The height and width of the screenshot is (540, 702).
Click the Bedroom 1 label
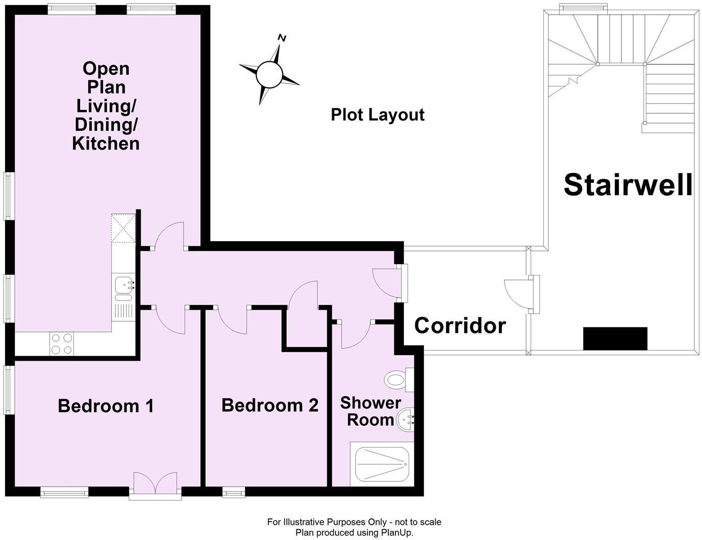[106, 406]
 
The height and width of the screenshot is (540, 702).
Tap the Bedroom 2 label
[270, 406]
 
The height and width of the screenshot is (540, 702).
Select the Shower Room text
[370, 411]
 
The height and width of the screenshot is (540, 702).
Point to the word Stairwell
[628, 184]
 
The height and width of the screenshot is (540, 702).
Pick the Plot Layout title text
[378, 115]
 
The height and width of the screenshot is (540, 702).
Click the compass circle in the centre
[269, 75]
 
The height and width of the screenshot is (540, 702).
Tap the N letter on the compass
[282, 38]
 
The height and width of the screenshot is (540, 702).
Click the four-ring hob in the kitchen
[62, 344]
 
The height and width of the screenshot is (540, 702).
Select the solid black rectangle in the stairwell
[615, 339]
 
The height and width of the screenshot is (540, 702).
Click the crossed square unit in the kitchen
[123, 228]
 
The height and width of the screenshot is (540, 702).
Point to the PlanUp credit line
[355, 532]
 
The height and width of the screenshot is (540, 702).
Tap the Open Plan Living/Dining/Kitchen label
[106, 106]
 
